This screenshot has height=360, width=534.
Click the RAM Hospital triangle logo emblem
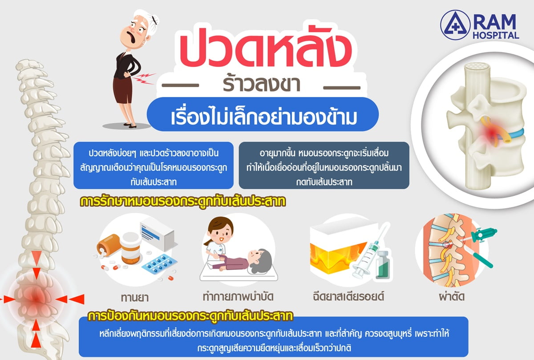pyautogui.click(x=455, y=24)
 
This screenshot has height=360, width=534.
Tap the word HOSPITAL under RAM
pyautogui.click(x=496, y=35)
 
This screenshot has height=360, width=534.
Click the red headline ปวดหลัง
pyautogui.click(x=266, y=48)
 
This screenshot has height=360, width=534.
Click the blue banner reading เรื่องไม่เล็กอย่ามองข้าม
pyautogui.click(x=263, y=114)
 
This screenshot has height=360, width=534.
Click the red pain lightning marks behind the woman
pyautogui.click(x=143, y=79)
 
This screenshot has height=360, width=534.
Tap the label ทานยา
pyautogui.click(x=135, y=297)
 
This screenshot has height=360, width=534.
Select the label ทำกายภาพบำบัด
pyautogui.click(x=238, y=297)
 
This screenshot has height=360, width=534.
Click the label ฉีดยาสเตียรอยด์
pyautogui.click(x=348, y=296)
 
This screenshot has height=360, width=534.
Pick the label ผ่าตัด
pyautogui.click(x=452, y=296)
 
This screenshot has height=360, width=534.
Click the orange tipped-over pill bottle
pyautogui.click(x=109, y=245)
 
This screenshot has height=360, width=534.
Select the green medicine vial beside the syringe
pyautogui.click(x=383, y=265)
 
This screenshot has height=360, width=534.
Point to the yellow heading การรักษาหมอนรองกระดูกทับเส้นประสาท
pyautogui.click(x=183, y=202)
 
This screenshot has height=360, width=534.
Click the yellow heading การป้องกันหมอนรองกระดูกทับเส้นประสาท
pyautogui.click(x=190, y=316)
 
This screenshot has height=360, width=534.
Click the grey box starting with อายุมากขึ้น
pyautogui.click(x=324, y=166)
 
